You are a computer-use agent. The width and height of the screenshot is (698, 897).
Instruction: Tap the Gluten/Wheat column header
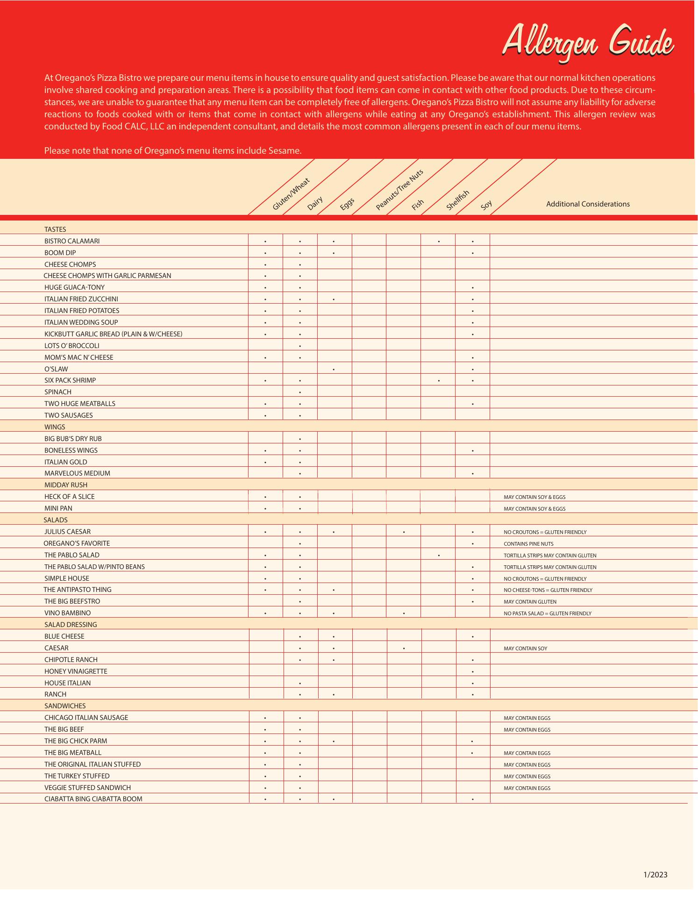click(x=291, y=194)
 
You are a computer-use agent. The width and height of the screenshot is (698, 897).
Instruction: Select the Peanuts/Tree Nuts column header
click(x=399, y=189)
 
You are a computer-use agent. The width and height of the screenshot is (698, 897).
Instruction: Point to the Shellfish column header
click(x=457, y=200)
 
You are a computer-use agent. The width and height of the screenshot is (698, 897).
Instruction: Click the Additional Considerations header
click(x=588, y=204)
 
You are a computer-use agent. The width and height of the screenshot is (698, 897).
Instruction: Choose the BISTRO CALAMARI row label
click(x=72, y=241)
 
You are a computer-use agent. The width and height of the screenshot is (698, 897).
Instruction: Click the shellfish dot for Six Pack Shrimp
click(x=439, y=381)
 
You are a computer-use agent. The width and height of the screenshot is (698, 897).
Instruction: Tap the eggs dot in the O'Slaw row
click(x=334, y=370)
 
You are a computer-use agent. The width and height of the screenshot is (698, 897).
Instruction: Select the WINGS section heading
click(x=55, y=427)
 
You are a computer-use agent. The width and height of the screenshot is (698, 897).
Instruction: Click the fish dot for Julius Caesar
click(x=404, y=532)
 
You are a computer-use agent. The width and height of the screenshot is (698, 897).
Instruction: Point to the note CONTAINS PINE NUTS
click(x=528, y=544)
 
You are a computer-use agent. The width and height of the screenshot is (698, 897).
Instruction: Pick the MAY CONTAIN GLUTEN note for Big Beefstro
click(x=530, y=602)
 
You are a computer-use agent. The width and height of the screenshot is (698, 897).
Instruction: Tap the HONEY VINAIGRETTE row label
click(x=76, y=671)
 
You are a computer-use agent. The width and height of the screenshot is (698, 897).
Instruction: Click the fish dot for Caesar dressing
click(x=404, y=648)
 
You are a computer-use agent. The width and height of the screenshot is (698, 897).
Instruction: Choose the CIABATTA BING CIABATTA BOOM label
click(x=93, y=799)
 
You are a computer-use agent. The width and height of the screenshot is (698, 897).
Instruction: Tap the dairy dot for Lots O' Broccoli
click(x=300, y=346)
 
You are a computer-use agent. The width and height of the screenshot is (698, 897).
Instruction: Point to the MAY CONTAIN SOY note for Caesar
click(x=525, y=648)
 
